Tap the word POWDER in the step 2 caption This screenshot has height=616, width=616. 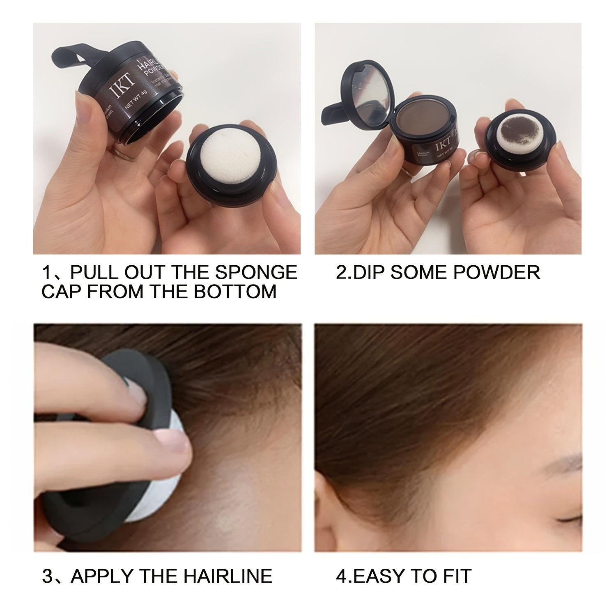click(x=492, y=273)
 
